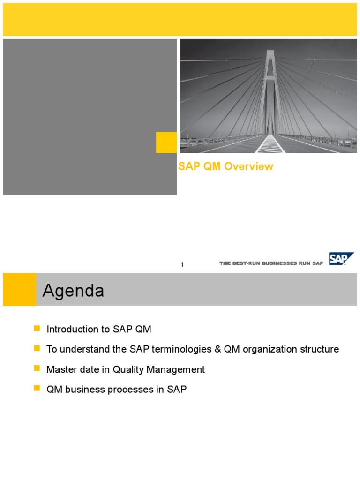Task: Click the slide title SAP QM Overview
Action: point(226,166)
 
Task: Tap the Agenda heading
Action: point(73,291)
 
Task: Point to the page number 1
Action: point(182,265)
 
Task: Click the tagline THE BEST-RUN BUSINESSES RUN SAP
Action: point(271,263)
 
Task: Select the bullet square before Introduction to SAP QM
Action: point(37,330)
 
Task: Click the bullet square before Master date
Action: point(37,369)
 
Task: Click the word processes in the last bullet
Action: point(134,390)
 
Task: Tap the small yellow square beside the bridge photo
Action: point(166,142)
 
